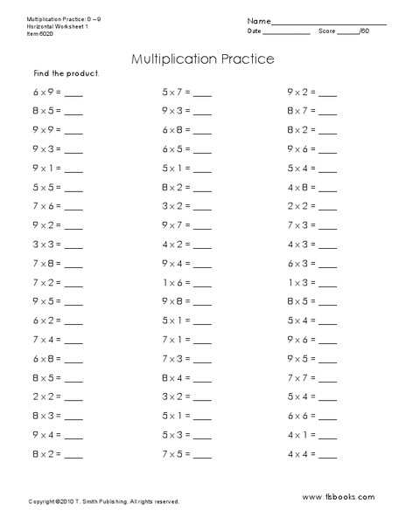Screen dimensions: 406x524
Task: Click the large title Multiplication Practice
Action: pos(202,60)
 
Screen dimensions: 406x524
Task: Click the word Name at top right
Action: pos(257,20)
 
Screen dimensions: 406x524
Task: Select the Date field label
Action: pos(255,31)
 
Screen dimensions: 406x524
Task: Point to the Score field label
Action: pos(326,31)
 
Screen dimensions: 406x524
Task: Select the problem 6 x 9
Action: pos(46,91)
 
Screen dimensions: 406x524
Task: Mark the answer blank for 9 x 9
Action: pos(73,132)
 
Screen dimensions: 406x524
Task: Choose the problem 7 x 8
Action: pos(46,262)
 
